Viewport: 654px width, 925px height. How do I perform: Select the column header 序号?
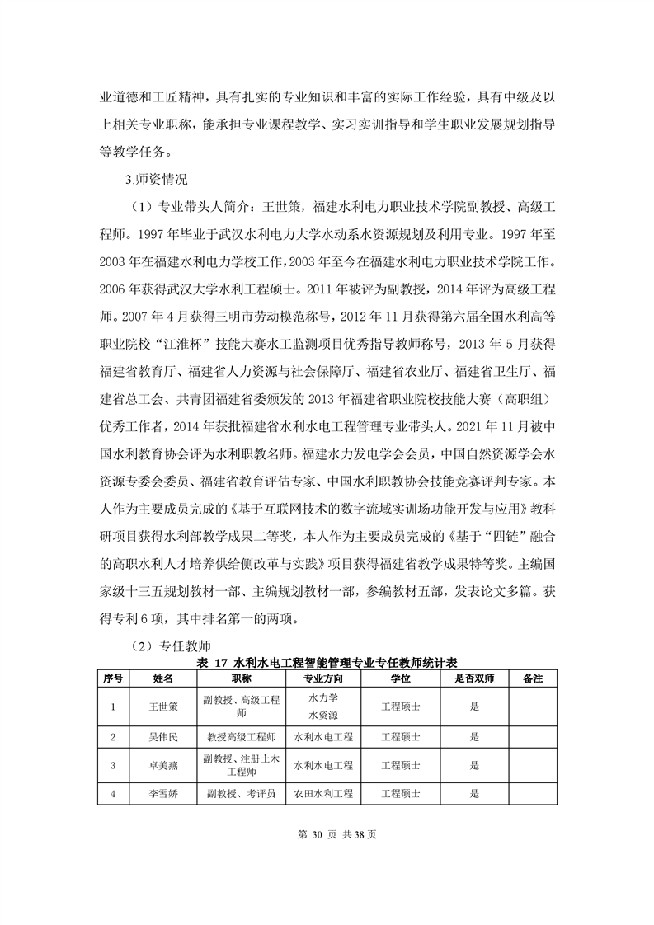[x=113, y=678]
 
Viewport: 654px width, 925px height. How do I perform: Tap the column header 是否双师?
[x=474, y=678]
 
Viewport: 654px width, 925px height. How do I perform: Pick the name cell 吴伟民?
[x=162, y=736]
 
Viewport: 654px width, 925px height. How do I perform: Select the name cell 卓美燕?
[x=162, y=765]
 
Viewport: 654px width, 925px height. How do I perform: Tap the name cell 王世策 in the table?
[x=162, y=707]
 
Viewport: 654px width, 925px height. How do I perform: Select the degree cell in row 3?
[x=401, y=765]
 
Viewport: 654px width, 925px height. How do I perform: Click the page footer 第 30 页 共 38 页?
[x=327, y=835]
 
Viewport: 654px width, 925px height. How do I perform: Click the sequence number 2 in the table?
[x=113, y=736]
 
